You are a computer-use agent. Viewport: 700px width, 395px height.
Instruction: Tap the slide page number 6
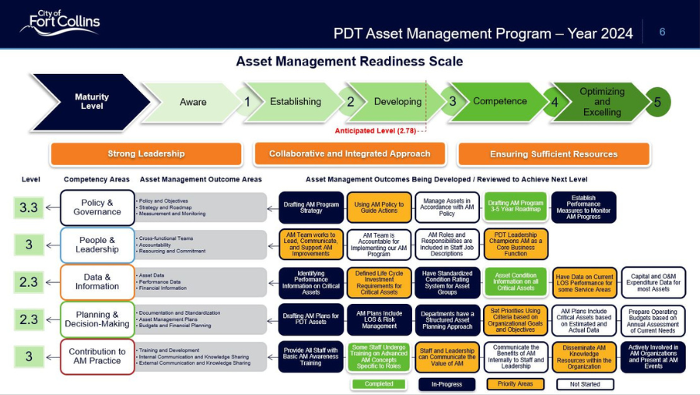[x=662, y=32]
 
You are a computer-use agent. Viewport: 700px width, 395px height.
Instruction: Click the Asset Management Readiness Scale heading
[x=349, y=61]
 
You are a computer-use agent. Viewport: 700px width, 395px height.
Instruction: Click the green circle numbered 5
[x=657, y=102]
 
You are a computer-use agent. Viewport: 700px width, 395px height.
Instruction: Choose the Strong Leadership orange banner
[x=146, y=153]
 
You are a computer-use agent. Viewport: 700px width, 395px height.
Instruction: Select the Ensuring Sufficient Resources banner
[x=554, y=153]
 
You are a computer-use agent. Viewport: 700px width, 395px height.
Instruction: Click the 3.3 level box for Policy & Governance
[x=29, y=207]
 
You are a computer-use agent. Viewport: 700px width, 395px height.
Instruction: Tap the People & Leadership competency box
[x=97, y=245]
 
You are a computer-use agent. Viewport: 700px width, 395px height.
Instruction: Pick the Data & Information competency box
[x=97, y=281]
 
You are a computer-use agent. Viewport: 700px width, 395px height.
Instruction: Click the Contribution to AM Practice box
[x=97, y=356]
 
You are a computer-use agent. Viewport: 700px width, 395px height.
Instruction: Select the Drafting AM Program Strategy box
[x=310, y=208]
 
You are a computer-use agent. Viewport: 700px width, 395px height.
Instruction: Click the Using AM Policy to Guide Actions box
[x=379, y=208]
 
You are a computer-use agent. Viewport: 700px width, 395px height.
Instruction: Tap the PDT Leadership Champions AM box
[x=516, y=245]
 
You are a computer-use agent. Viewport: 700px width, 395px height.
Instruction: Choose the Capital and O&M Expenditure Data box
[x=653, y=282]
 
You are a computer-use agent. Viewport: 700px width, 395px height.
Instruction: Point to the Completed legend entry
[x=378, y=384]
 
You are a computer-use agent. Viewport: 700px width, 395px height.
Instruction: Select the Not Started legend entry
[x=585, y=384]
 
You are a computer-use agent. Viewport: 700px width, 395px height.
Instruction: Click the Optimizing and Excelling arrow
[x=600, y=102]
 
